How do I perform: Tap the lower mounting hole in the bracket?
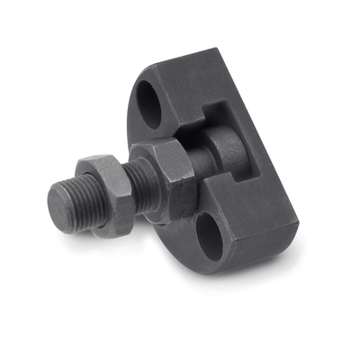(210, 237)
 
